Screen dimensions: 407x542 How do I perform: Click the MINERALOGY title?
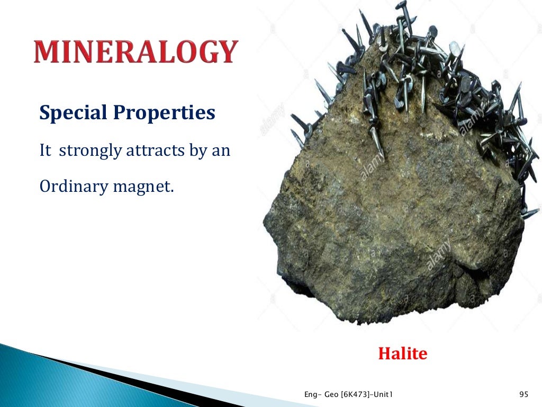pyautogui.click(x=135, y=52)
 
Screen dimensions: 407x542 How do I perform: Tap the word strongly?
pyautogui.click(x=89, y=151)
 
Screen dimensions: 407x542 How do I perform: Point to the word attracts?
pyautogui.click(x=152, y=151)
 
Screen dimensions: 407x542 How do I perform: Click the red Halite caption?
pyautogui.click(x=402, y=353)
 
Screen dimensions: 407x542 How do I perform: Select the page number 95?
pyautogui.click(x=524, y=394)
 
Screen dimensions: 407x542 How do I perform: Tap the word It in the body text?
pyautogui.click(x=45, y=151)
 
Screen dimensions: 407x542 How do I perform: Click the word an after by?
pyautogui.click(x=222, y=151)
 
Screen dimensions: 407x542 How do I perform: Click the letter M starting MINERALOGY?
pyautogui.click(x=47, y=52)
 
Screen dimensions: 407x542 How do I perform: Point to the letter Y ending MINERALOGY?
pyautogui.click(x=226, y=52)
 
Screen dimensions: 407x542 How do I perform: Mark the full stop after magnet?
pyautogui.click(x=171, y=192)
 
